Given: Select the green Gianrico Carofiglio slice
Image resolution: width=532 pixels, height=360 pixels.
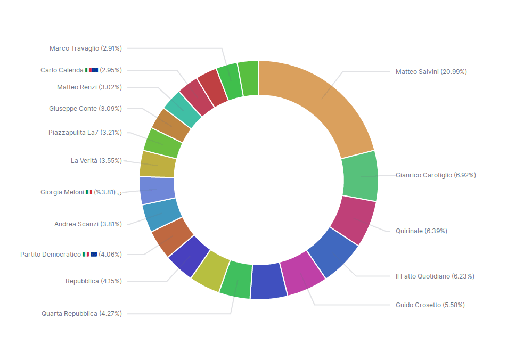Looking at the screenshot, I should pyautogui.click(x=360, y=176).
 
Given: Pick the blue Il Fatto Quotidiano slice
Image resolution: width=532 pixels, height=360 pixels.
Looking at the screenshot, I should pyautogui.click(x=333, y=252).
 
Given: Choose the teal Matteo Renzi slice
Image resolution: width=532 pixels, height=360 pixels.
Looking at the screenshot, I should pyautogui.click(x=183, y=110).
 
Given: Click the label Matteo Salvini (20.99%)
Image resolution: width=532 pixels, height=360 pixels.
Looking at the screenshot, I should pyautogui.click(x=431, y=71).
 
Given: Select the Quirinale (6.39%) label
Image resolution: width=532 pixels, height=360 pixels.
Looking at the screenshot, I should pyautogui.click(x=421, y=231).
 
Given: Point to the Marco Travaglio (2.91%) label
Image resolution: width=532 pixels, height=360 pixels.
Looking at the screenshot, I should pyautogui.click(x=86, y=48).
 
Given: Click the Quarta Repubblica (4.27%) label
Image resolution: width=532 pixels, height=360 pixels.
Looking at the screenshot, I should pyautogui.click(x=82, y=314).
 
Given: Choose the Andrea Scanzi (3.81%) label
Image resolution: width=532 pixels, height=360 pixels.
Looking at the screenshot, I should pyautogui.click(x=88, y=224).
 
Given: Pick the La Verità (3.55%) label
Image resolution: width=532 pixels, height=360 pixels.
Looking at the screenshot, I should pyautogui.click(x=96, y=160).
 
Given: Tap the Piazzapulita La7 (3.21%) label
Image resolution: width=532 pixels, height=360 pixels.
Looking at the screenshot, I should pyautogui.click(x=85, y=133).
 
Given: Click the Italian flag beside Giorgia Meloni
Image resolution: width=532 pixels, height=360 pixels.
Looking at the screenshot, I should pyautogui.click(x=89, y=192).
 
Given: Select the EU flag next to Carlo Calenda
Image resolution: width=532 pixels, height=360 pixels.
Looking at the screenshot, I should pyautogui.click(x=95, y=70).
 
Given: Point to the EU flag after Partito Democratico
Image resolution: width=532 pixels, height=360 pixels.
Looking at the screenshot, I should pyautogui.click(x=94, y=254).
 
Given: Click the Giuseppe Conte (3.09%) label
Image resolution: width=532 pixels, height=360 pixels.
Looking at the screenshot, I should pyautogui.click(x=85, y=109).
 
